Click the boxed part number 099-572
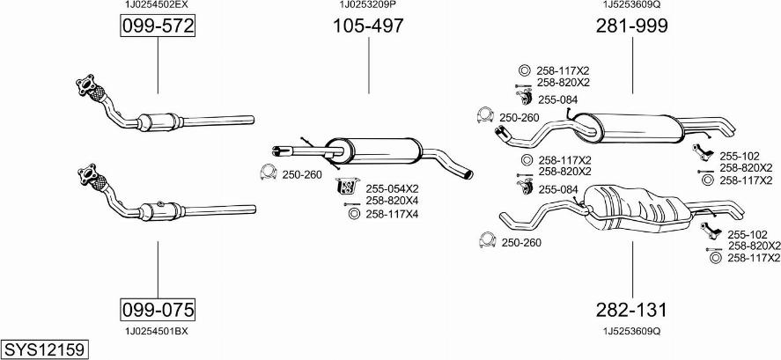click(158, 27)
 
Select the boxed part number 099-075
click(158, 309)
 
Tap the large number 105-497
click(368, 26)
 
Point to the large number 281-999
click(633, 26)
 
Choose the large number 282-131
click(633, 310)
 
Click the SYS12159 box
click(44, 349)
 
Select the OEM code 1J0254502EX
click(158, 4)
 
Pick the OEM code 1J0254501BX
click(158, 331)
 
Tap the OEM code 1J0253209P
click(368, 4)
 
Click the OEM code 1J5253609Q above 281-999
click(632, 4)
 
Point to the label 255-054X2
click(392, 188)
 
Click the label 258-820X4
click(392, 202)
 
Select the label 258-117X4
click(392, 214)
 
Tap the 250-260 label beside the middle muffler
click(301, 174)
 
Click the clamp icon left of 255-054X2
click(346, 187)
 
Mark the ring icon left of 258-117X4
click(354, 214)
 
